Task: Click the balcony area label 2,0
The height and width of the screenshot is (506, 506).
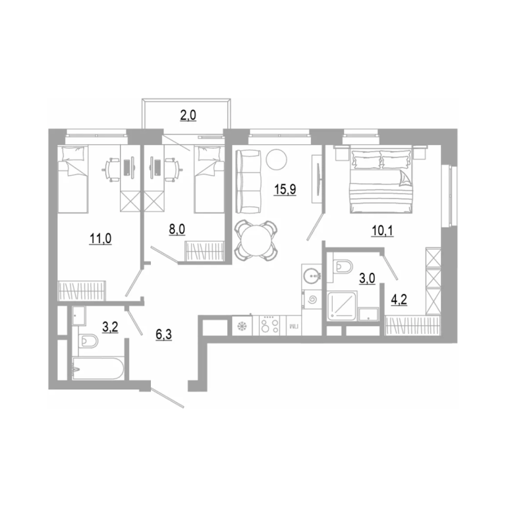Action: (x=188, y=115)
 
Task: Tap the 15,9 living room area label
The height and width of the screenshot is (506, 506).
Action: (x=285, y=190)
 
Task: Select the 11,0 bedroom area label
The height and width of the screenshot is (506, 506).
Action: (x=100, y=239)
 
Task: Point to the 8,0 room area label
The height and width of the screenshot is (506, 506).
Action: (x=177, y=229)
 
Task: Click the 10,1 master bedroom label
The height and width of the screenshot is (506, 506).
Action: (x=383, y=231)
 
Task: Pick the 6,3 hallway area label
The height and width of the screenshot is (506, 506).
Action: (x=163, y=335)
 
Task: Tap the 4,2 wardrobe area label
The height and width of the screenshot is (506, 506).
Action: (x=399, y=300)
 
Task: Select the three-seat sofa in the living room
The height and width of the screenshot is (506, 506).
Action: (x=248, y=182)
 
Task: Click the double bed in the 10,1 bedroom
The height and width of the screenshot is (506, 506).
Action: (x=381, y=179)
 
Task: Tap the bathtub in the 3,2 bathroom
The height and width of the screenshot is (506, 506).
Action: (x=98, y=368)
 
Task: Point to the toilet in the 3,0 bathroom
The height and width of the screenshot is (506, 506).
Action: (x=342, y=267)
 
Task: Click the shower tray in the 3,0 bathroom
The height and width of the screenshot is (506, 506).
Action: (x=342, y=306)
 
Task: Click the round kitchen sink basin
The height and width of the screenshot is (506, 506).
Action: (x=312, y=276)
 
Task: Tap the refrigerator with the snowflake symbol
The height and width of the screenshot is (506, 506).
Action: (x=242, y=326)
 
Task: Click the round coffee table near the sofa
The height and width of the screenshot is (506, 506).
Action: (x=276, y=159)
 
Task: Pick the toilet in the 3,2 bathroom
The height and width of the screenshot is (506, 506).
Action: (x=87, y=341)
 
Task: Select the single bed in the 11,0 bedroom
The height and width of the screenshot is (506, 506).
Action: (x=73, y=179)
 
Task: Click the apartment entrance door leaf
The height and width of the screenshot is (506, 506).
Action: (x=167, y=398)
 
